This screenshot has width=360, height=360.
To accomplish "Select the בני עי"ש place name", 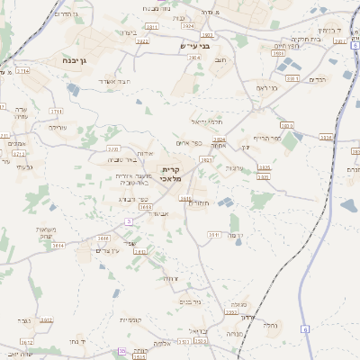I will pyautogui.click(x=189, y=47).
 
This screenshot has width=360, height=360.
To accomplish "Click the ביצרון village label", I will pyautogui.click(x=127, y=32).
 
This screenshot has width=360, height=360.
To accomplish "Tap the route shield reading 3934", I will pyautogui.click(x=326, y=138).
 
